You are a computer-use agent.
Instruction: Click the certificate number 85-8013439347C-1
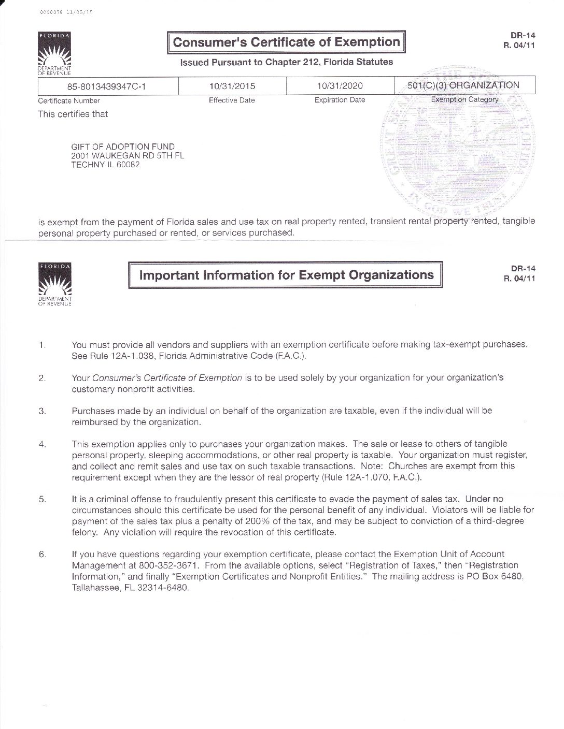(106, 86)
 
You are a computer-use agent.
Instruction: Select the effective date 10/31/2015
(232, 86)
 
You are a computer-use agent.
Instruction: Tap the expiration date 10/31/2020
(340, 86)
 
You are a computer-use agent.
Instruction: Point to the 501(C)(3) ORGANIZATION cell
(464, 85)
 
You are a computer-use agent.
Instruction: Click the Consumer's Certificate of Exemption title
(286, 42)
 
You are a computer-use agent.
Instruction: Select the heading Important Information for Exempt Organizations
(286, 274)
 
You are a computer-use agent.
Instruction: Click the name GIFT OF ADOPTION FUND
(123, 147)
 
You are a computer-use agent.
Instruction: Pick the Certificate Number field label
(69, 101)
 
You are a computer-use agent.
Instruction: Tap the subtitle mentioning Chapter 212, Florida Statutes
(286, 62)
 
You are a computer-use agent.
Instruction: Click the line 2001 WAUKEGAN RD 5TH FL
(128, 156)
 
